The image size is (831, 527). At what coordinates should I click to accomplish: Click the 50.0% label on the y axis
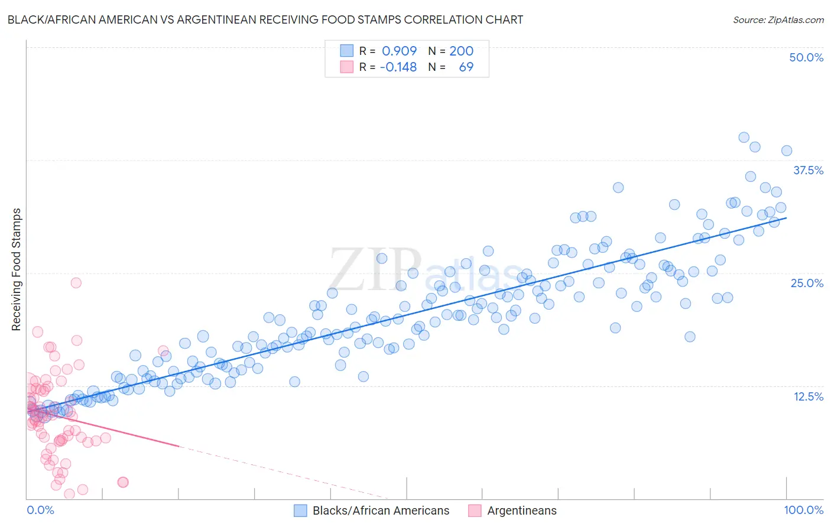point(806,57)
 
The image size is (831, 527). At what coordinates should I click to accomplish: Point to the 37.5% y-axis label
point(808,170)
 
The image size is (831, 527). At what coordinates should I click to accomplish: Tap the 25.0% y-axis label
point(807,283)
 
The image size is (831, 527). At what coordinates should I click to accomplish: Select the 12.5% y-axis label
point(808,396)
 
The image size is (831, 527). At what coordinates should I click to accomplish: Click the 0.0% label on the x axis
point(40,510)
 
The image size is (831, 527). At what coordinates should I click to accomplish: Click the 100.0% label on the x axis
point(803,510)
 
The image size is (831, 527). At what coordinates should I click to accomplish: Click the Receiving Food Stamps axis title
point(16,269)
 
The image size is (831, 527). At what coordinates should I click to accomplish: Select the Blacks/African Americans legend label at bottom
point(381,510)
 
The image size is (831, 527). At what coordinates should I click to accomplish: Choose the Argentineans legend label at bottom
point(522,510)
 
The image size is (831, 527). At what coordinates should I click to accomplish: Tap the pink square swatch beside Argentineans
point(475,510)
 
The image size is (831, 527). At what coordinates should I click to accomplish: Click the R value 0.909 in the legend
point(399,51)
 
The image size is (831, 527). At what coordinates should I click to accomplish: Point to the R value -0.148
point(398,67)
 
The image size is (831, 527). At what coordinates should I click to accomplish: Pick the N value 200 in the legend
point(461,51)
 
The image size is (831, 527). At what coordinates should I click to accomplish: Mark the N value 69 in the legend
point(466,67)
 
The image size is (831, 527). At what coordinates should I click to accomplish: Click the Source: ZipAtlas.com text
point(778,20)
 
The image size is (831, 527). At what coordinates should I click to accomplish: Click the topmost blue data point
point(744,137)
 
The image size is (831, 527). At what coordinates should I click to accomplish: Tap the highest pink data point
point(76,282)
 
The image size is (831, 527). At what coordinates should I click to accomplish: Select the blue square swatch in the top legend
point(346,51)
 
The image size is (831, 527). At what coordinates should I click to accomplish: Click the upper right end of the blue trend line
point(786,218)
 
